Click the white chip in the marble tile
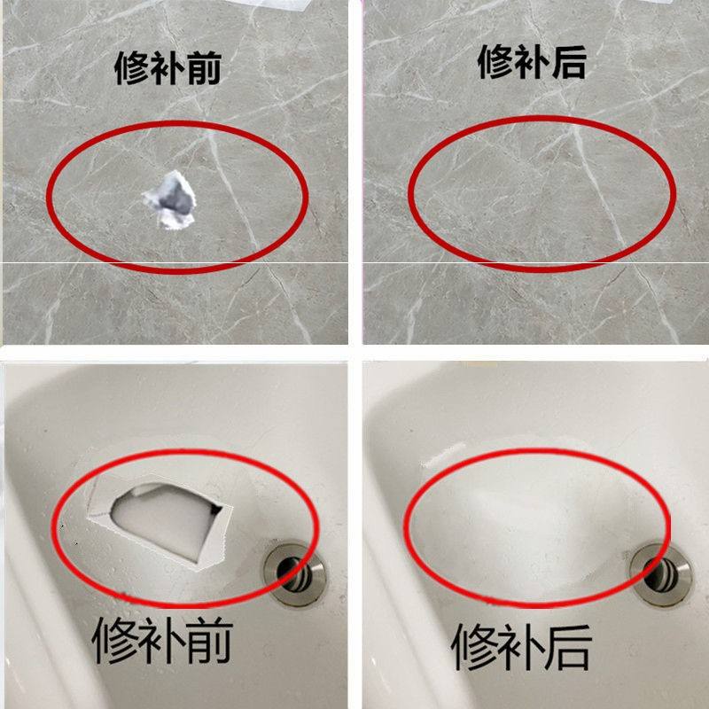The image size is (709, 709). click(172, 200)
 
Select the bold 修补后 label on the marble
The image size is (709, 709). click(532, 62)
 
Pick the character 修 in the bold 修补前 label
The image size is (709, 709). click(131, 68)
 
